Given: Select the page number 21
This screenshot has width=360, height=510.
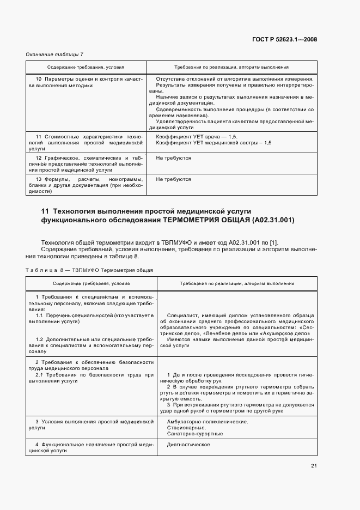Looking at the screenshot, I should tap(314, 465).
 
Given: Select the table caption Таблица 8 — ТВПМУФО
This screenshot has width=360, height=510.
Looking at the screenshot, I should tap(90, 270).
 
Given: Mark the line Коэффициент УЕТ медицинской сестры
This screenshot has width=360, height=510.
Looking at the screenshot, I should tap(213, 142).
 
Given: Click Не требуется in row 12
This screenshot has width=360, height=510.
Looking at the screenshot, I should tap(173, 157).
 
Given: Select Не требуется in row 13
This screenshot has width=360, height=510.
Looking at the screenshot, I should tap(173, 179).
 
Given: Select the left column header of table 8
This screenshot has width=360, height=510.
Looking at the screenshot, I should tap(91, 283).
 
